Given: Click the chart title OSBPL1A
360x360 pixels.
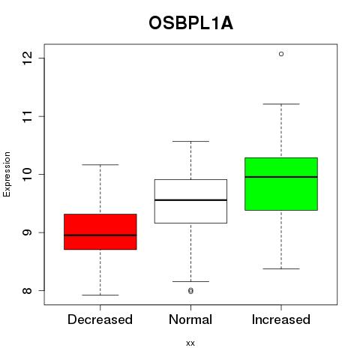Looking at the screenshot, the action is [190, 23].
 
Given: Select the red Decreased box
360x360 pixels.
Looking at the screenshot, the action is [100, 232].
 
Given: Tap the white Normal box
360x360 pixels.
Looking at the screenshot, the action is [190, 201].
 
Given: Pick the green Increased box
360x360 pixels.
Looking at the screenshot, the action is [281, 184].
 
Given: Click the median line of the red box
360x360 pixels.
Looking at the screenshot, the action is [100, 235].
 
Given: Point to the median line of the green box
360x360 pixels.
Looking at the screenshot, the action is [281, 177].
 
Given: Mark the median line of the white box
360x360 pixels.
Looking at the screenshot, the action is [190, 200].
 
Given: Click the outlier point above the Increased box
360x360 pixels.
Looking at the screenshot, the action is [281, 54].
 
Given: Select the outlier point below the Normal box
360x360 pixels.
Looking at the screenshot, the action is [190, 290].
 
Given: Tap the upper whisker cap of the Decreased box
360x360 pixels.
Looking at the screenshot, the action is [100, 165].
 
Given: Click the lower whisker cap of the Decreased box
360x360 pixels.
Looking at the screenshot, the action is [100, 295].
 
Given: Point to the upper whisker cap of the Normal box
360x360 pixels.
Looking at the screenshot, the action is [190, 142].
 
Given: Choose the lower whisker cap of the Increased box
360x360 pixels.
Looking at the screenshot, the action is [281, 268].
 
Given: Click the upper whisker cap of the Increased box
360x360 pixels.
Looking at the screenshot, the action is [281, 104].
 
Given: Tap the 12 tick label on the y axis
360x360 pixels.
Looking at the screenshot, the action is [28, 58].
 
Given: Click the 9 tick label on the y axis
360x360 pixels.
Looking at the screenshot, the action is [28, 232].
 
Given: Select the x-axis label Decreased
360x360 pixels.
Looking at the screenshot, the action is [100, 319].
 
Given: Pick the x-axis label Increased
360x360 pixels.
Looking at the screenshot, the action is [281, 319].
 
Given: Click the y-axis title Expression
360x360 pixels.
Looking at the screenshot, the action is [7, 174].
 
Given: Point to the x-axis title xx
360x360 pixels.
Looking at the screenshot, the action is [190, 343].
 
